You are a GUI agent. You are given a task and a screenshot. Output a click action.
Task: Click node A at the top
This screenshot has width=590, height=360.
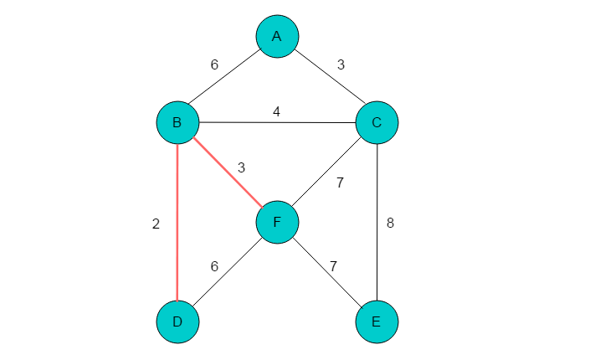277,37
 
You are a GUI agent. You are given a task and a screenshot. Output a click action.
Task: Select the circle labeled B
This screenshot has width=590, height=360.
177,122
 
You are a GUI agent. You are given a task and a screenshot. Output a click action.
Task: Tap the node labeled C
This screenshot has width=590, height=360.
377,122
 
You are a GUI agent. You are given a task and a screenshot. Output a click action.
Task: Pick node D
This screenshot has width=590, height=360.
177,322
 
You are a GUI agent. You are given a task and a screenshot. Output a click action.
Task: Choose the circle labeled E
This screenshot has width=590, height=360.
377,322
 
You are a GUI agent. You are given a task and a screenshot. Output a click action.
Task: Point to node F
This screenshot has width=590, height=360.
277,222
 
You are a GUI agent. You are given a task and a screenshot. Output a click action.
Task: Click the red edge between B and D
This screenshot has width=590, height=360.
177,222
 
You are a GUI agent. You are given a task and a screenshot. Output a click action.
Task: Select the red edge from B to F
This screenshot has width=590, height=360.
228,172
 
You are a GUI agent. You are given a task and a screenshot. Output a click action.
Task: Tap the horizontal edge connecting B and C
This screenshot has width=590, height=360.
277,122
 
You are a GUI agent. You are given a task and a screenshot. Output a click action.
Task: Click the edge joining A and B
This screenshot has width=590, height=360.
224,77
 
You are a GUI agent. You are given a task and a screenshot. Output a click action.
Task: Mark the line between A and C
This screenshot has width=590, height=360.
331,77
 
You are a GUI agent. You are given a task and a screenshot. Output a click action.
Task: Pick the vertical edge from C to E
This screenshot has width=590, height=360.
377,222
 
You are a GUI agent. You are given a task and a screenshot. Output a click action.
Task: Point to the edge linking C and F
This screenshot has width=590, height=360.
327,172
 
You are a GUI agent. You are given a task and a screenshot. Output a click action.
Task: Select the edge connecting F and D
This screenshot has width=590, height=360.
228,272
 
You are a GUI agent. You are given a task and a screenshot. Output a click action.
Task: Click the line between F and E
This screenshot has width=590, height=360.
327,272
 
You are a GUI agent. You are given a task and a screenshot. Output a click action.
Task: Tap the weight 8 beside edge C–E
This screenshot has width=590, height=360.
390,224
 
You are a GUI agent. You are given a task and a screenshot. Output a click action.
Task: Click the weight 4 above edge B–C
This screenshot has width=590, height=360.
276,112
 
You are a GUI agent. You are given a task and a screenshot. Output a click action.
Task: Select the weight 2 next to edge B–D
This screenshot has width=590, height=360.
156,224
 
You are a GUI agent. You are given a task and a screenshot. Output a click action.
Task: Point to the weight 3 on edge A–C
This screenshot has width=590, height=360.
341,64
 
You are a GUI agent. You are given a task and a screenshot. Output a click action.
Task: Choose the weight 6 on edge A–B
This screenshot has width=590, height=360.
214,64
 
